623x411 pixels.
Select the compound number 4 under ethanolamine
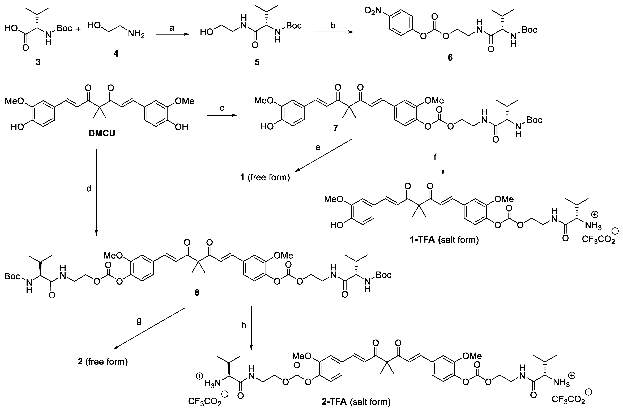[116, 54]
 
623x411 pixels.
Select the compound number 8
[197, 293]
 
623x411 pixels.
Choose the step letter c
[222, 108]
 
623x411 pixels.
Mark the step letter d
[89, 188]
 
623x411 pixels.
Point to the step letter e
[318, 148]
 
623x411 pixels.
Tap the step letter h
[244, 325]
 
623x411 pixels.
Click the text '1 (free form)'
[265, 177]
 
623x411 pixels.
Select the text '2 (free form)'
[103, 362]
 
